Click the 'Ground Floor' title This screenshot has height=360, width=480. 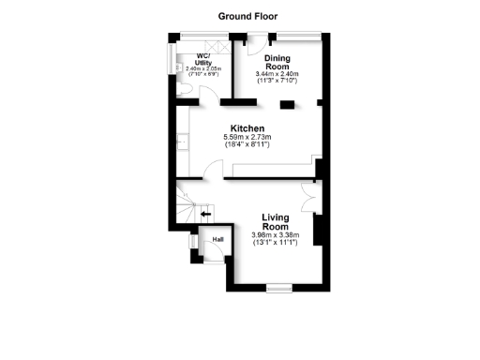247,16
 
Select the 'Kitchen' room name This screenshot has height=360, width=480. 247,128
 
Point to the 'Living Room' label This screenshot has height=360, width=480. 275,222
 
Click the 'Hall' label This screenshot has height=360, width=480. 218,240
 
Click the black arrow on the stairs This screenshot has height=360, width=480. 206,214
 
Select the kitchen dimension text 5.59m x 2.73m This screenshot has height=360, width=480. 247,139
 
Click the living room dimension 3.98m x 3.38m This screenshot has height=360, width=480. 275,235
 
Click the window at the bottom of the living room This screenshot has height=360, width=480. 278,284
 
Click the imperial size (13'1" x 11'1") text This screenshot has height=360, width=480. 275,243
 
